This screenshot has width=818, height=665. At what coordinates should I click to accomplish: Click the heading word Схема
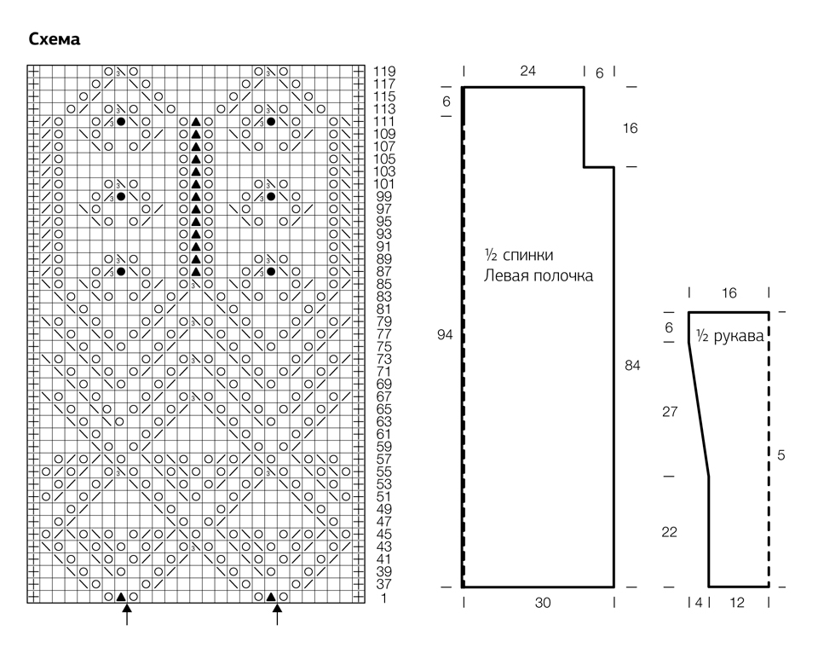[55, 39]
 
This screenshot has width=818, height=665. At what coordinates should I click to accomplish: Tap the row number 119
[384, 71]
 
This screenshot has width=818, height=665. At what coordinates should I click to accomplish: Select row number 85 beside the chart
[384, 284]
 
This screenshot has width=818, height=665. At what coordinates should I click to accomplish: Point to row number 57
[384, 460]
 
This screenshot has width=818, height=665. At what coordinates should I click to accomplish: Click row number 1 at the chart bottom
[384, 598]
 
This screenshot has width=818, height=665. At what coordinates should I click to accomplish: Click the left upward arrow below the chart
[127, 614]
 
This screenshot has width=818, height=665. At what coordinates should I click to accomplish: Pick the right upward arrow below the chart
[277, 614]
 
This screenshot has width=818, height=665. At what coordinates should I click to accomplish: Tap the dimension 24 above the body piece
[527, 71]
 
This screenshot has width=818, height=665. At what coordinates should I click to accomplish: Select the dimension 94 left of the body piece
[445, 334]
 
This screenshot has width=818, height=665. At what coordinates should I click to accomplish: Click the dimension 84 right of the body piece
[632, 366]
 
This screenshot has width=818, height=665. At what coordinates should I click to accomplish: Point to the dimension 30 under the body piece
[543, 603]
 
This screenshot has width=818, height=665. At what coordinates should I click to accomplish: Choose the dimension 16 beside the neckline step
[631, 128]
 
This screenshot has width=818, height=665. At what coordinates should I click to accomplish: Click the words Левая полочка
[539, 275]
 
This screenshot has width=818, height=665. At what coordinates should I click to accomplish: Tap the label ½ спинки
[519, 255]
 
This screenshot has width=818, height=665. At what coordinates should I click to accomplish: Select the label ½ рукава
[730, 336]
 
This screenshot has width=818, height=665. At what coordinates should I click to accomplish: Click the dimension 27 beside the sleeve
[670, 412]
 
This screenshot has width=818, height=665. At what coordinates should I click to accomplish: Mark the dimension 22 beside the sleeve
[670, 532]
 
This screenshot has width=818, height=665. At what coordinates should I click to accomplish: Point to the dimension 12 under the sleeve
[736, 603]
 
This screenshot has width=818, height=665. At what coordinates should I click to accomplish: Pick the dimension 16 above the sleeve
[729, 292]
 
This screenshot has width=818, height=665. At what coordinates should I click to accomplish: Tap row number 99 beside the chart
[384, 196]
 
